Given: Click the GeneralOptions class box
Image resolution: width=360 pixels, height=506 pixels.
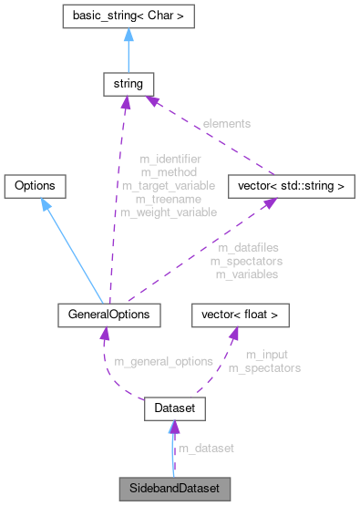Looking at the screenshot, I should click(x=108, y=315).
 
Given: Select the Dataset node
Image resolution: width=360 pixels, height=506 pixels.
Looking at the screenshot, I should click(x=172, y=412).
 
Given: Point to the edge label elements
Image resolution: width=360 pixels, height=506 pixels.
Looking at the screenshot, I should click(x=228, y=122).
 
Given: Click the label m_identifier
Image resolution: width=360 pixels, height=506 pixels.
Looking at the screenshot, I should click(x=170, y=158).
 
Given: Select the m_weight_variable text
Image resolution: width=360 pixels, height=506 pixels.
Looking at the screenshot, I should click(x=169, y=212).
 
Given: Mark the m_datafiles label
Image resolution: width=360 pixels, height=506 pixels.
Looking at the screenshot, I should click(x=248, y=247).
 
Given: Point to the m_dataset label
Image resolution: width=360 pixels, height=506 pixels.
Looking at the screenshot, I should click(x=206, y=449).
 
